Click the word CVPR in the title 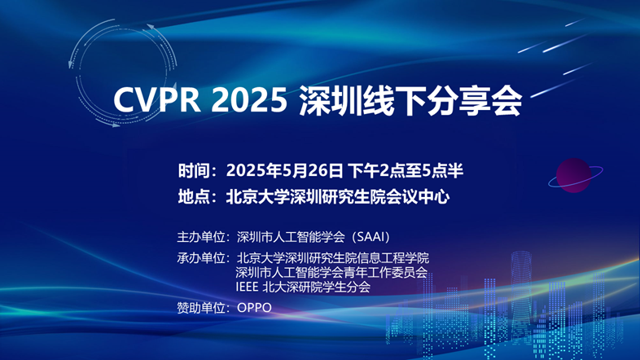click(x=156, y=99)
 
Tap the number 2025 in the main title click(x=249, y=99)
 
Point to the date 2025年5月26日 click(x=284, y=170)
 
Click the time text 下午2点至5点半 click(x=405, y=170)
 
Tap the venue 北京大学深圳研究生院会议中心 click(x=338, y=197)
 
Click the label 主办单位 click(x=201, y=237)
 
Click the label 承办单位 click(x=201, y=258)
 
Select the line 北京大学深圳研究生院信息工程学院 click(x=333, y=258)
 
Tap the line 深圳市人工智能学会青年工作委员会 click(x=331, y=272)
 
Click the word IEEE click(x=247, y=287)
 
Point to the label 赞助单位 click(x=201, y=307)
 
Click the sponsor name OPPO click(x=254, y=308)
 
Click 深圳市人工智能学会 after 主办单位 click(x=291, y=237)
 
